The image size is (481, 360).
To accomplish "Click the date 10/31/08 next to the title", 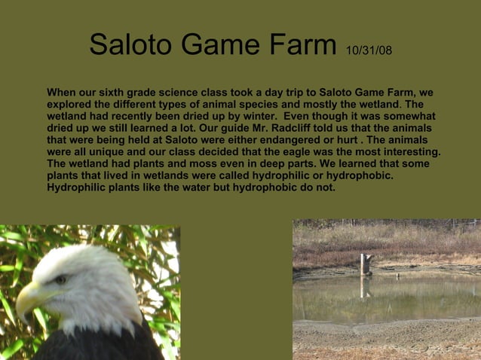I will (x=369, y=50).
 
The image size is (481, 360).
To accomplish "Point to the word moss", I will (x=196, y=163).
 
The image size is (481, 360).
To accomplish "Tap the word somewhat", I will (x=407, y=117).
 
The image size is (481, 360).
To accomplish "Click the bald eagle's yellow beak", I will (x=29, y=294).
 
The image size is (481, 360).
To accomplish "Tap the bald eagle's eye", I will (x=60, y=279).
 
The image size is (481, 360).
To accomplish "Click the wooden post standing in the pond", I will (x=365, y=264).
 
